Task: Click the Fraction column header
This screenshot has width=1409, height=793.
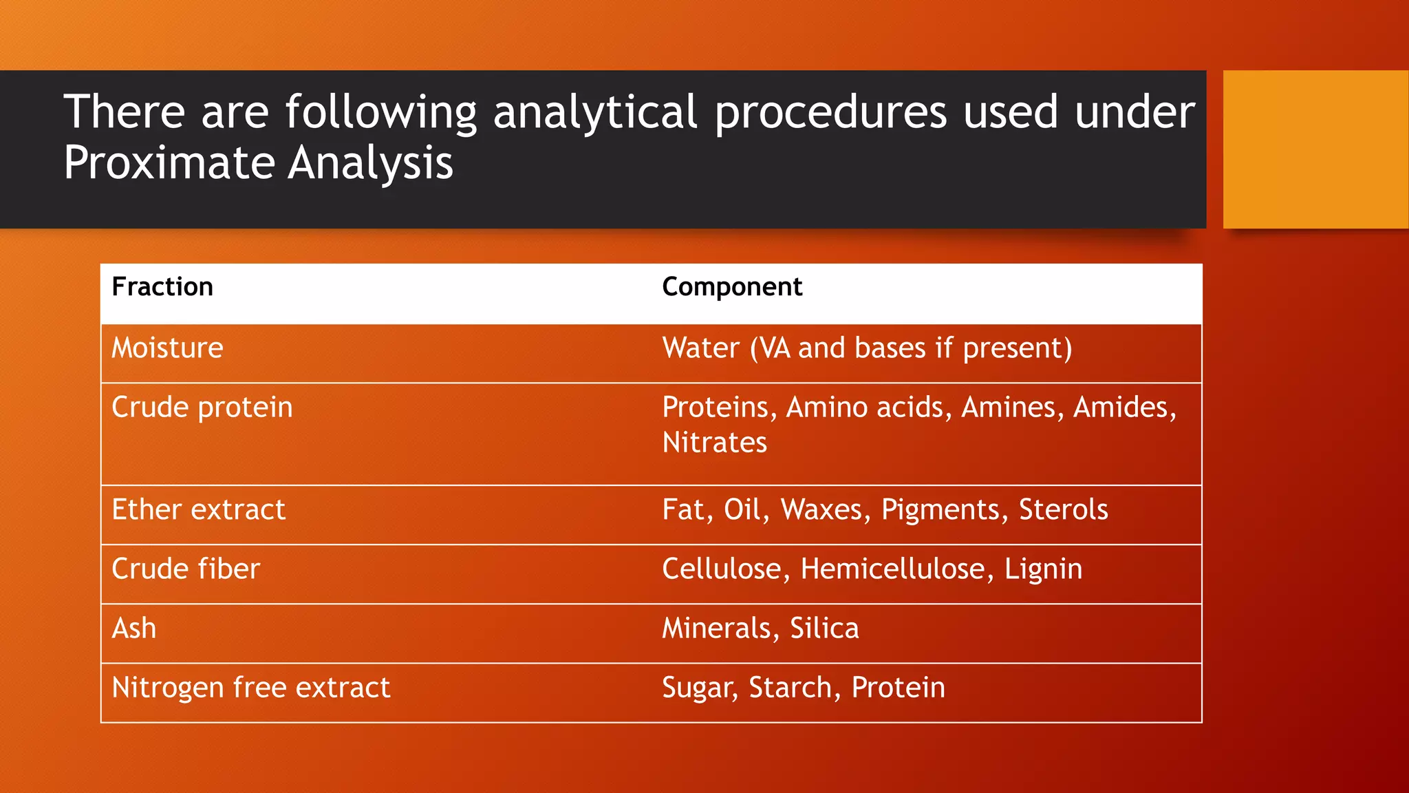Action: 162,287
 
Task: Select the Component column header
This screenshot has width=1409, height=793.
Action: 732,287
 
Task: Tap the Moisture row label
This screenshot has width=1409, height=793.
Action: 167,348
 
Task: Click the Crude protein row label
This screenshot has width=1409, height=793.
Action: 202,408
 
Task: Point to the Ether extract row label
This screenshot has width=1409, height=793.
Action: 198,510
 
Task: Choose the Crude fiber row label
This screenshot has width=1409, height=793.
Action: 186,569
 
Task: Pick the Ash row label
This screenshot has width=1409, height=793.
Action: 134,628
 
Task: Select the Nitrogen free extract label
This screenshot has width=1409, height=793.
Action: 251,688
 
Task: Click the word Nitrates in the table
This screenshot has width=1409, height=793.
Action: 714,443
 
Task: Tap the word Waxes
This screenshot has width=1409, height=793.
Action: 821,510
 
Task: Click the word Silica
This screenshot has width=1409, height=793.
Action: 824,628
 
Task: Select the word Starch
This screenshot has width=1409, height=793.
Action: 790,688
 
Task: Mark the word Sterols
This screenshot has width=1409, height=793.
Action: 1063,510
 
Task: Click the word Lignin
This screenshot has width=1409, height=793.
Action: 1043,569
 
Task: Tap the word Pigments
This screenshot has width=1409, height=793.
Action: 940,510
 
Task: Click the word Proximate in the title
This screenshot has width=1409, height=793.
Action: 169,163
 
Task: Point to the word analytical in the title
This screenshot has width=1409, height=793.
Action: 595,112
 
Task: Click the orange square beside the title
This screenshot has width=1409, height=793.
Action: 1315,149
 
